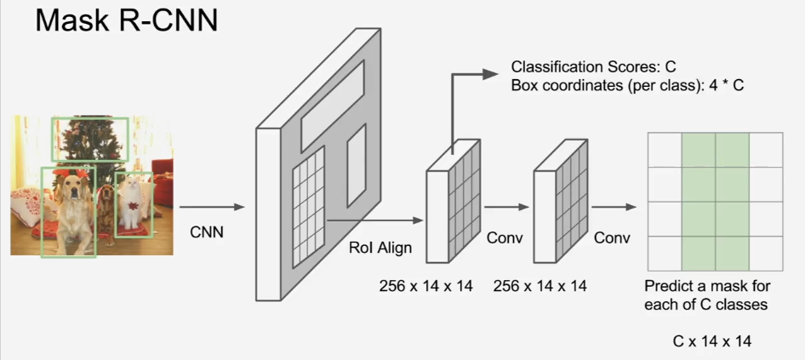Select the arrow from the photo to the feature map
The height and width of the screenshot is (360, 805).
click(211, 207)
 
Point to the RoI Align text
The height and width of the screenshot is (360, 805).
click(380, 249)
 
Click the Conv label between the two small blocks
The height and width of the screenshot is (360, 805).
click(504, 237)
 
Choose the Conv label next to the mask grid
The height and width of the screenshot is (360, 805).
click(612, 237)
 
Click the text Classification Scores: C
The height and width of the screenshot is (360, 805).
click(592, 66)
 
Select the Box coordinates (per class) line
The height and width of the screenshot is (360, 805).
click(627, 86)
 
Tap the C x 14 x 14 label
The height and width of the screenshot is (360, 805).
click(712, 341)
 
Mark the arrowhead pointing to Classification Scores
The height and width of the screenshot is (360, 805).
click(490, 75)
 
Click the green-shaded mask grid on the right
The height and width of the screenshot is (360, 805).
click(715, 201)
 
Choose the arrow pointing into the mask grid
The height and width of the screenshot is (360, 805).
click(614, 207)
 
